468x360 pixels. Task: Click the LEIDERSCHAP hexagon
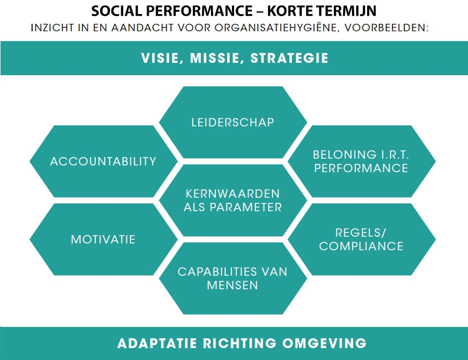click(x=232, y=122)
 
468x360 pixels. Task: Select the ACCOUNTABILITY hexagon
click(x=103, y=161)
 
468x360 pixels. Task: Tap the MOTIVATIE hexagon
click(x=103, y=239)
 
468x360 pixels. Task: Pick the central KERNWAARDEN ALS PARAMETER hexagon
click(x=232, y=200)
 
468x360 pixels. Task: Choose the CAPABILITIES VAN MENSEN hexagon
click(x=232, y=278)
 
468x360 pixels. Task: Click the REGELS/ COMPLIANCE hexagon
click(x=361, y=239)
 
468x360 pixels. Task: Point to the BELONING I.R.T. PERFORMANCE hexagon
click(x=361, y=161)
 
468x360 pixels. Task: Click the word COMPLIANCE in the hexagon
click(x=361, y=246)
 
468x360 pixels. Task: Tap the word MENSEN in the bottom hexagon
click(x=232, y=286)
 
